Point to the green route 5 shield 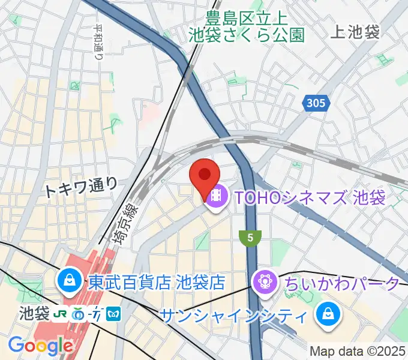tap(250, 238)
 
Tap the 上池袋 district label tap(355, 32)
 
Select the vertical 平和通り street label tap(98, 42)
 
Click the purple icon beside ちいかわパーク tap(265, 281)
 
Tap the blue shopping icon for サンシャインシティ tap(329, 314)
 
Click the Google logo tap(40, 346)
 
